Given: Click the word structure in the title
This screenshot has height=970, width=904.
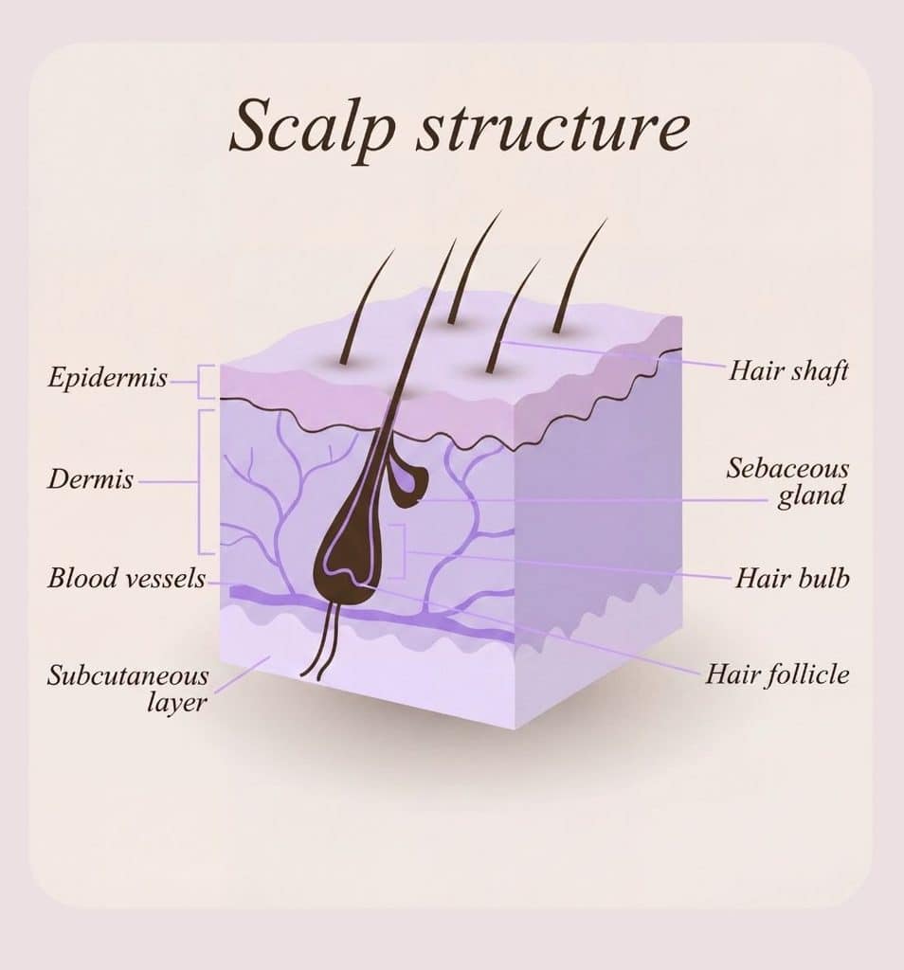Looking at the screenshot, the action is tap(552, 127).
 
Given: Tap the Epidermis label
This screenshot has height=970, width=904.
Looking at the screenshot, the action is tap(108, 377).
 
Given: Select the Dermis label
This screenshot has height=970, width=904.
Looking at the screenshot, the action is tap(90, 478).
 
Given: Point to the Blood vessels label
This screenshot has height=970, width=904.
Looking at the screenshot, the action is tap(127, 578).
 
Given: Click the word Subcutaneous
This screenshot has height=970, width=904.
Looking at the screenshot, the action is tap(128, 674).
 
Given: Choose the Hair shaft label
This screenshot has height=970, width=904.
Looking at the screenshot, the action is tap(788, 370).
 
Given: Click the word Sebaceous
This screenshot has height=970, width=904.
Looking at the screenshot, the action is tap(787, 468).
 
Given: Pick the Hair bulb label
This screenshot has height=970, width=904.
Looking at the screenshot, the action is tap(792, 579).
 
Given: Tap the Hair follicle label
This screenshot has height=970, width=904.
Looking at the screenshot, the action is tap(777, 674).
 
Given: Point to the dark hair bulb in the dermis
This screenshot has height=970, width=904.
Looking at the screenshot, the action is tap(347, 560).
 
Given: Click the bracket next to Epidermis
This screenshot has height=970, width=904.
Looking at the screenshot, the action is tap(206, 382).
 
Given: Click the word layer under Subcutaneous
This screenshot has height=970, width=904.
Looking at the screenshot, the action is tap(176, 702).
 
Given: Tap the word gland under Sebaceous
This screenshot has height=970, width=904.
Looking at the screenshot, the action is tap(811, 495).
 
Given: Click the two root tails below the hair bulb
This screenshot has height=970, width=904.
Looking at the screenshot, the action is tap(323, 640).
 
